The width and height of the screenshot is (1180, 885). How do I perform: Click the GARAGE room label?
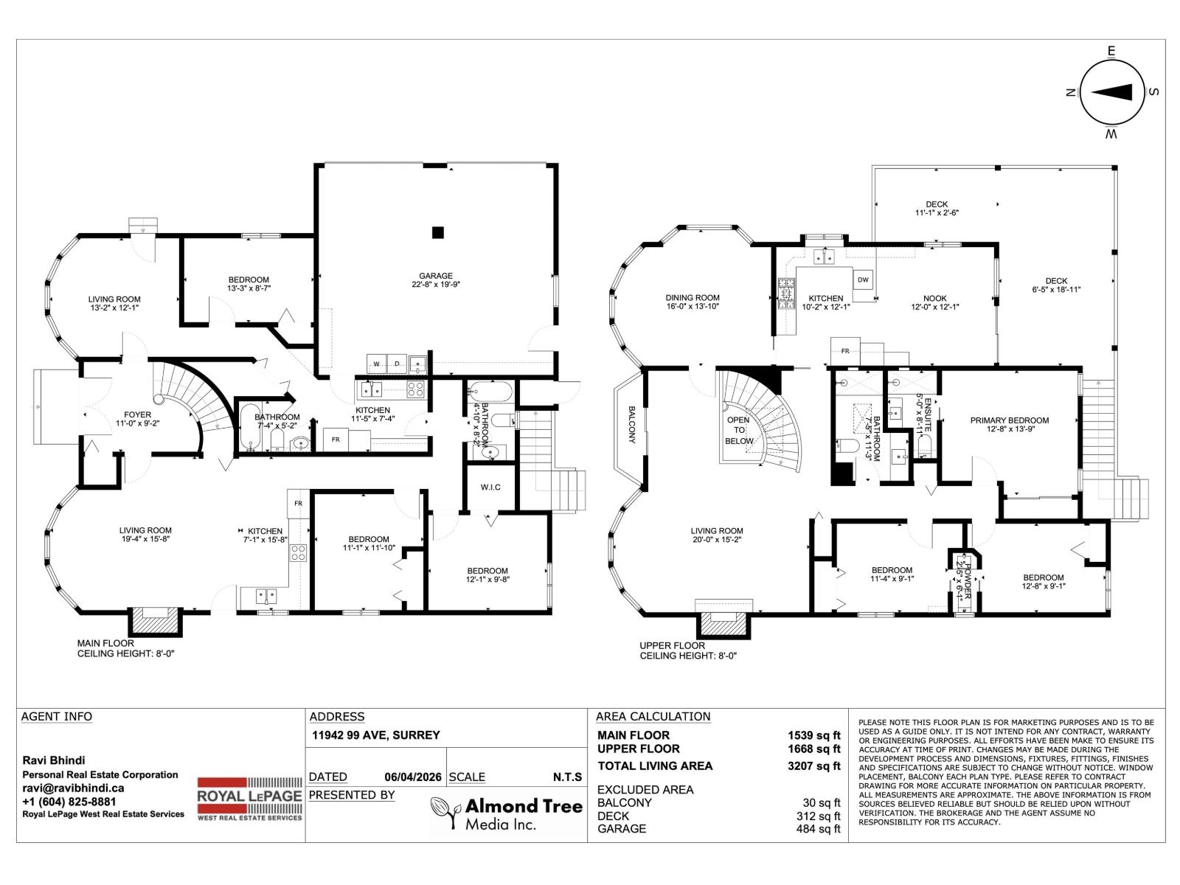(x=436, y=276)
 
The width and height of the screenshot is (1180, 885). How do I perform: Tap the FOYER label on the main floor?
(x=138, y=414)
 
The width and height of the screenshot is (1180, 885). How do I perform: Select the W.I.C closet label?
(x=490, y=487)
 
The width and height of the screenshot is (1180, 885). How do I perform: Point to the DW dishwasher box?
(x=863, y=280)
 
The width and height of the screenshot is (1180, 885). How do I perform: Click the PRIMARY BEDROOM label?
(x=1010, y=420)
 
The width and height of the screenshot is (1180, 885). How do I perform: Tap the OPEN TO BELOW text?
(x=739, y=430)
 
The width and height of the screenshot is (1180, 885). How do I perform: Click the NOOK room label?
(x=935, y=298)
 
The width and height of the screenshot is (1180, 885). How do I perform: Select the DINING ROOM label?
(x=693, y=297)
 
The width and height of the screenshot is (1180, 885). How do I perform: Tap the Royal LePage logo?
(x=249, y=799)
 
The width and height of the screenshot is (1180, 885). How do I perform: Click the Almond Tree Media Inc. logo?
(x=507, y=813)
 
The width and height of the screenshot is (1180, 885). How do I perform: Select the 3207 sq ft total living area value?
(x=814, y=766)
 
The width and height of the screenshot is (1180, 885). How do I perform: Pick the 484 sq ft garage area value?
(x=818, y=828)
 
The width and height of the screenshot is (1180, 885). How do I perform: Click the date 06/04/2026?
(x=413, y=777)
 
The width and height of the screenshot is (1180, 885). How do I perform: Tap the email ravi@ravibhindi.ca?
(x=73, y=788)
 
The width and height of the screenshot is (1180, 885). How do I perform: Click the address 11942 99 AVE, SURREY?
(x=376, y=735)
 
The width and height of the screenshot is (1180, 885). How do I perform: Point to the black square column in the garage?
(x=438, y=232)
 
